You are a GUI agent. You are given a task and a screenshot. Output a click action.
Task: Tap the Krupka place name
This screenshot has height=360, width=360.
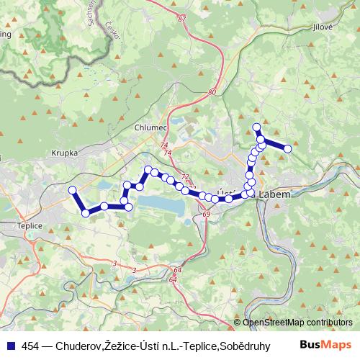[64, 153]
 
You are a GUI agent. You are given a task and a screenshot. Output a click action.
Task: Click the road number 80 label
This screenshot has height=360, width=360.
[211, 92]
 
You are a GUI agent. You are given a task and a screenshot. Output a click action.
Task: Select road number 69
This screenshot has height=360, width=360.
[207, 215]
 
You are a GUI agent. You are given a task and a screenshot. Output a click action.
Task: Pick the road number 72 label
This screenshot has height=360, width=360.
[184, 176]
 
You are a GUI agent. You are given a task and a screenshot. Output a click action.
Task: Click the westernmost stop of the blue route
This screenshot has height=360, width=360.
[71, 190]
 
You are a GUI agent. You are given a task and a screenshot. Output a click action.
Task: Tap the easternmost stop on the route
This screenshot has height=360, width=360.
[287, 148]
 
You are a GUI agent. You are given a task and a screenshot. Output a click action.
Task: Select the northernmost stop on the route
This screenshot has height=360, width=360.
[256, 127]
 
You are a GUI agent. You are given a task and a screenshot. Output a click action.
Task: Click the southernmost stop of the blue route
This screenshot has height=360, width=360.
[86, 212]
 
